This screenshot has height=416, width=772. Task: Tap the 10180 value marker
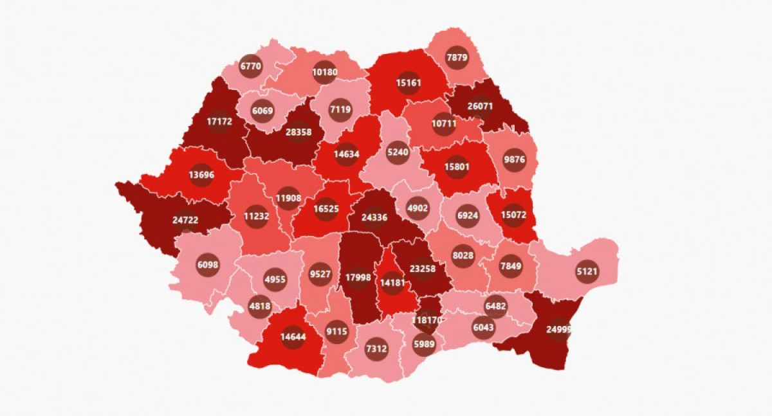325,72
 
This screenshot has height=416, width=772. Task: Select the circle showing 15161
408,82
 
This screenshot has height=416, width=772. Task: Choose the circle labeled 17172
219,121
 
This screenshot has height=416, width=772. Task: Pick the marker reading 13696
201,174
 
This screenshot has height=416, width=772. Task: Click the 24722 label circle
185,220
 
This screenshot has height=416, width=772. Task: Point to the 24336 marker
374,217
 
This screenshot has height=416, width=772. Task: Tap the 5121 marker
587,271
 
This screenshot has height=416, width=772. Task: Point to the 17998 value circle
358,278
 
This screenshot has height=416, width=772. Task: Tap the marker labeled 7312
376,348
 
